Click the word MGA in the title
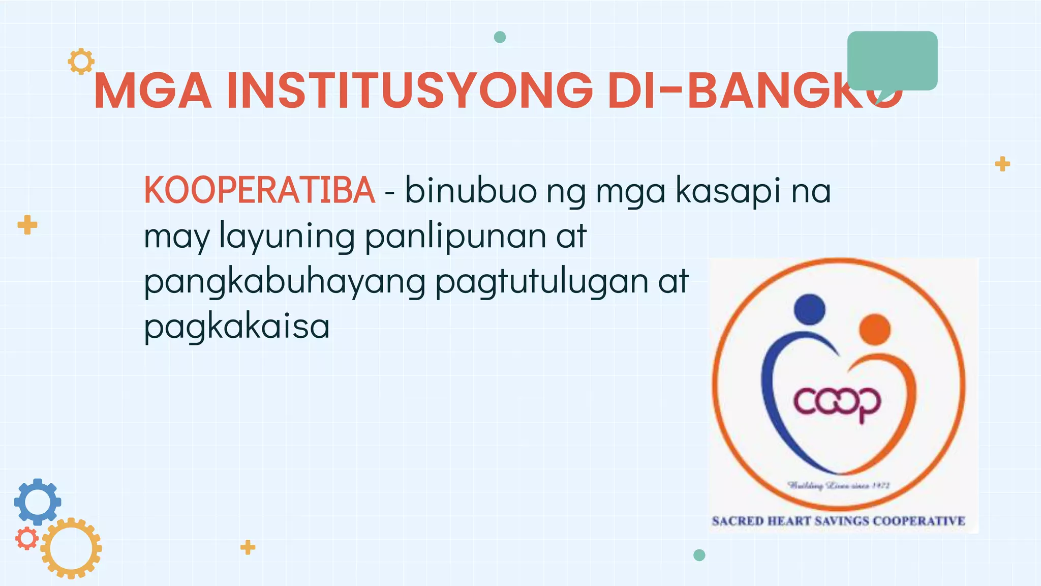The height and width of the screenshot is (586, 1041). (x=152, y=92)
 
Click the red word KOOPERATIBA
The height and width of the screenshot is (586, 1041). (x=259, y=190)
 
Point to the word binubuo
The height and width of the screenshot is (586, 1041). (x=471, y=190)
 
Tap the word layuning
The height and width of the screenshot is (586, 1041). (x=287, y=237)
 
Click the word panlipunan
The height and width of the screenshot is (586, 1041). (x=455, y=237)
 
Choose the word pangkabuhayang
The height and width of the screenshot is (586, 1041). (x=285, y=281)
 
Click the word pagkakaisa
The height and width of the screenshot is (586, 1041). (x=237, y=326)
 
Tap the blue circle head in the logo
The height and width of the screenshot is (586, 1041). (x=809, y=309)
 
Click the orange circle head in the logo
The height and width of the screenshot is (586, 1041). (x=874, y=329)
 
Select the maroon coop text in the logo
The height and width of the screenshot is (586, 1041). (x=837, y=402)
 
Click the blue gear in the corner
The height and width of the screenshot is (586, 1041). (x=38, y=502)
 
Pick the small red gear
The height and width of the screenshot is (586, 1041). (x=26, y=538)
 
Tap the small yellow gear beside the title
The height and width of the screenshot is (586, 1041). (x=81, y=62)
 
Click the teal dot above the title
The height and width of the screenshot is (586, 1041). (x=500, y=37)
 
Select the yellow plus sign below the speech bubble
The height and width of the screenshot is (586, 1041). (x=1002, y=164)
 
